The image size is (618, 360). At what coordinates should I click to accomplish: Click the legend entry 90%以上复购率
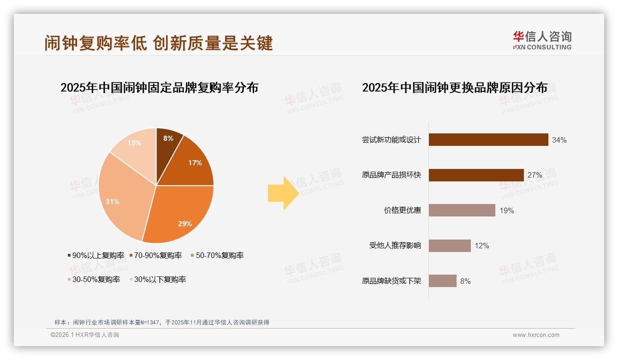click(x=96, y=255)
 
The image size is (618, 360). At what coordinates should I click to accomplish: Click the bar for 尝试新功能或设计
click(x=488, y=140)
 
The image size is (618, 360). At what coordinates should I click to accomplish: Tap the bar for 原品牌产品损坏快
click(x=476, y=175)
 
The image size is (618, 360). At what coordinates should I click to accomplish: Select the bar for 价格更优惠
click(x=462, y=210)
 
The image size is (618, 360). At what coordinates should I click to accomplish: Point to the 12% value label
click(x=482, y=246)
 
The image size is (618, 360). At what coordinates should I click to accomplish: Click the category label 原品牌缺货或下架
click(x=392, y=281)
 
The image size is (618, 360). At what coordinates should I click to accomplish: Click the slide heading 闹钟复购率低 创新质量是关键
click(x=159, y=43)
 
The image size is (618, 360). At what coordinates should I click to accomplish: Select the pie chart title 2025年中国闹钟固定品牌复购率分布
click(x=159, y=88)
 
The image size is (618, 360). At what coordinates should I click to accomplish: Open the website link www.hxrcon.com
click(x=536, y=335)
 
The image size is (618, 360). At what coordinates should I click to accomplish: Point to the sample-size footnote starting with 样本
click(x=161, y=322)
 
